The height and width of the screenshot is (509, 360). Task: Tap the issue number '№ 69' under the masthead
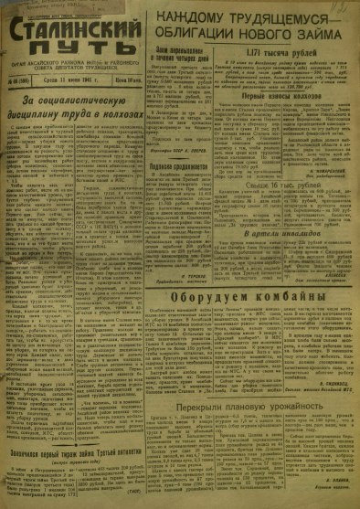(x=20, y=80)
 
